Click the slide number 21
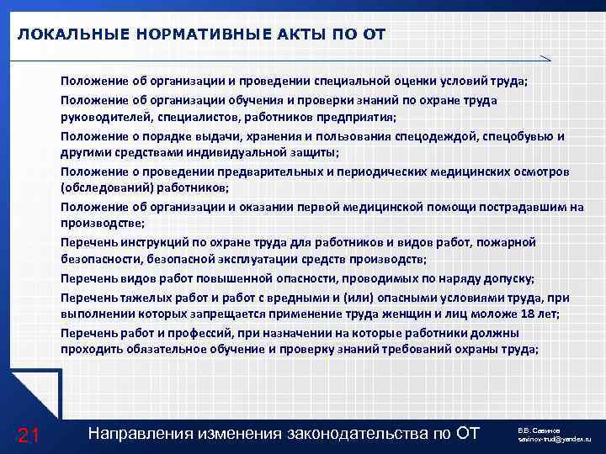click(29, 434)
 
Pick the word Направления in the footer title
click(141, 433)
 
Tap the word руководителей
click(100, 118)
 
